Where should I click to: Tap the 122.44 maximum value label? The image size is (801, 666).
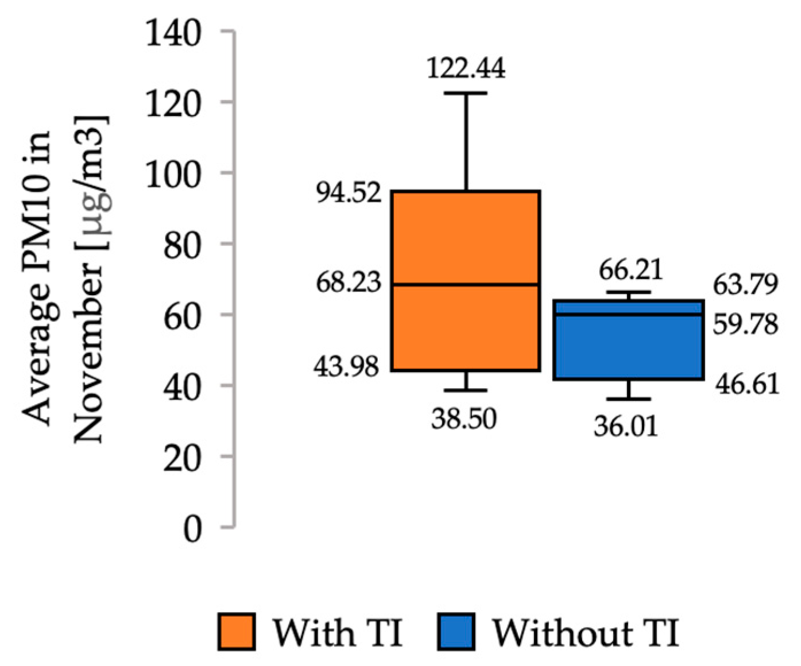tap(466, 68)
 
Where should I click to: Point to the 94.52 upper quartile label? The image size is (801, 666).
tap(349, 192)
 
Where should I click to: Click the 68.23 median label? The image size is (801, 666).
tap(349, 282)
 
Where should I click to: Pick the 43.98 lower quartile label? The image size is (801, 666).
tap(346, 366)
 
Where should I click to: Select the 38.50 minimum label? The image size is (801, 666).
tap(464, 419)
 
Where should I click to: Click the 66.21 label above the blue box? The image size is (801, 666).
tap(630, 270)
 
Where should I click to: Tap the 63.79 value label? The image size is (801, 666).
tap(745, 284)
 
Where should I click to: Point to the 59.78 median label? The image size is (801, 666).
tap(745, 324)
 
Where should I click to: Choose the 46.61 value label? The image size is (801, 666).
tap(747, 384)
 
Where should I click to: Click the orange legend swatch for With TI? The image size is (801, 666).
tap(237, 632)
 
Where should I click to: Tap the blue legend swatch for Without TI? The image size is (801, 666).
tap(456, 632)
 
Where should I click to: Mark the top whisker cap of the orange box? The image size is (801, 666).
tap(466, 93)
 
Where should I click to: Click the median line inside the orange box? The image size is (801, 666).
tap(466, 284)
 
